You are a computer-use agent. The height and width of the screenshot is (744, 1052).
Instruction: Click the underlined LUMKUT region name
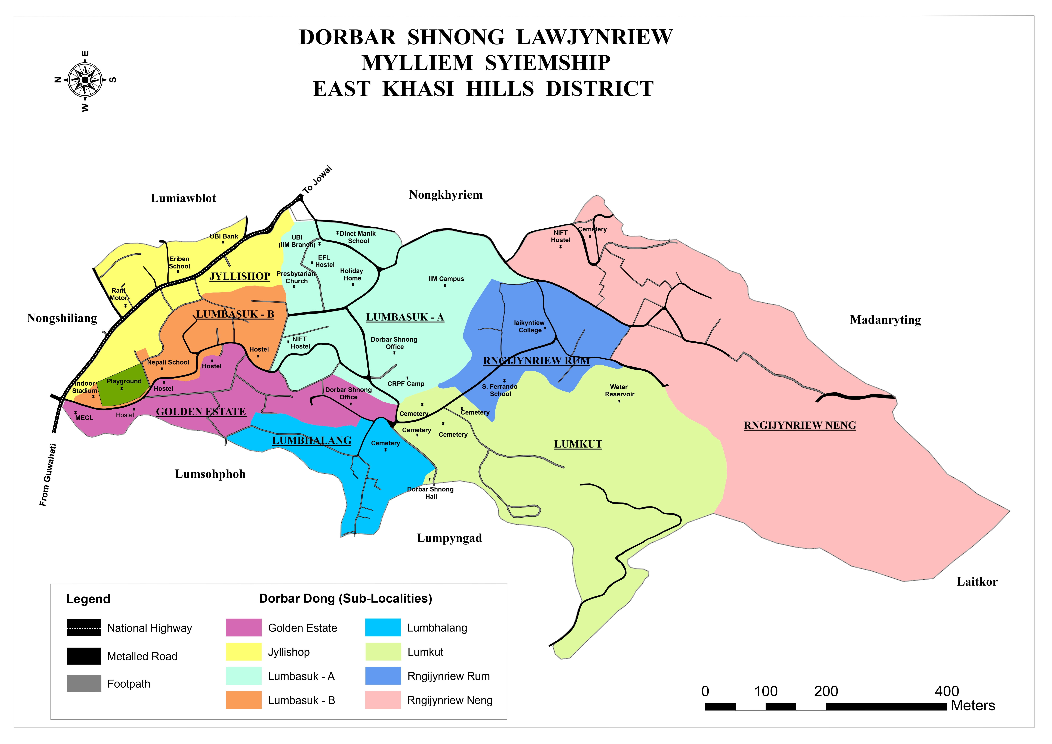(x=578, y=444)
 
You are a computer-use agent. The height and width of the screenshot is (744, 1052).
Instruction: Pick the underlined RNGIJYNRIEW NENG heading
(x=800, y=425)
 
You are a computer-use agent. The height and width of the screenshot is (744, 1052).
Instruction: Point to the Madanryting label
(x=885, y=320)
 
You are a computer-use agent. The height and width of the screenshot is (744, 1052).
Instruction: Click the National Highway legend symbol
(x=84, y=628)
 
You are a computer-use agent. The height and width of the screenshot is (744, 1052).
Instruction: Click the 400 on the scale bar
(x=947, y=691)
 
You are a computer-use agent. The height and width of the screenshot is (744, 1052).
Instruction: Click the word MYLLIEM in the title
(x=417, y=63)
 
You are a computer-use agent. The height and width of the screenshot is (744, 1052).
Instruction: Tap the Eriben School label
(x=179, y=263)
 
